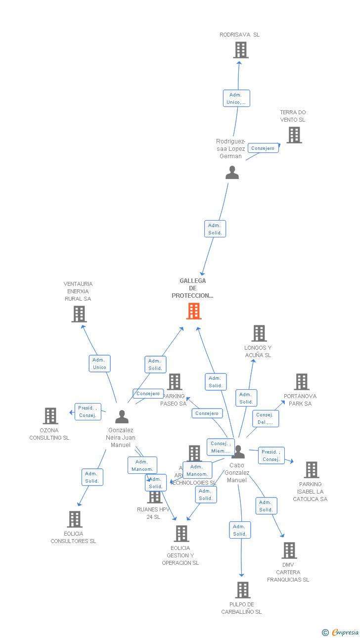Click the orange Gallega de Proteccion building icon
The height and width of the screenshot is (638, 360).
click(x=194, y=311)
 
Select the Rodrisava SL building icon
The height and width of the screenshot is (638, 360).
click(x=240, y=50)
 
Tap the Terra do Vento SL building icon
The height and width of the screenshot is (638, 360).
click(x=294, y=135)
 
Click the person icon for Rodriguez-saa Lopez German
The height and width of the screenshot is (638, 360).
click(x=232, y=173)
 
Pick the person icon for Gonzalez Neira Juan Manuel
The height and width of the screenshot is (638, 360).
click(x=122, y=417)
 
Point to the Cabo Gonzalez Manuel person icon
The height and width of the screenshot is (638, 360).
click(x=238, y=452)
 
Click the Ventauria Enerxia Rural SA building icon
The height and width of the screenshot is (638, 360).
click(x=79, y=314)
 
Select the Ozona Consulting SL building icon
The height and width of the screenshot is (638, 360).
click(x=50, y=416)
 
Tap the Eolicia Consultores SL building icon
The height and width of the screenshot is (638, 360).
click(x=75, y=519)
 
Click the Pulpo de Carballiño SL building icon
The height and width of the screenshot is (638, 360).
click(x=242, y=590)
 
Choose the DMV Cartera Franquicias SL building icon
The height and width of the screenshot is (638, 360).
click(x=289, y=550)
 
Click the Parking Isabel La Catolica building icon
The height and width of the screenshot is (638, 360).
click(x=311, y=470)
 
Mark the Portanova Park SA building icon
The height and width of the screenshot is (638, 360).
click(x=302, y=382)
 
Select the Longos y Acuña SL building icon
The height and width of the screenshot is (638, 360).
click(x=259, y=333)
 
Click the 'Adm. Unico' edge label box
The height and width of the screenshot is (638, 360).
click(x=99, y=364)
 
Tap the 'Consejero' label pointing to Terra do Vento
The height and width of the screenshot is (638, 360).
click(x=263, y=148)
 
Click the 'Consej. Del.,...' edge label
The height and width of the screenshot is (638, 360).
click(x=265, y=418)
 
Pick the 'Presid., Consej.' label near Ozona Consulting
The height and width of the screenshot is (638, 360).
click(x=88, y=411)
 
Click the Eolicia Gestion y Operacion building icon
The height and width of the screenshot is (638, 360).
click(x=181, y=534)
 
